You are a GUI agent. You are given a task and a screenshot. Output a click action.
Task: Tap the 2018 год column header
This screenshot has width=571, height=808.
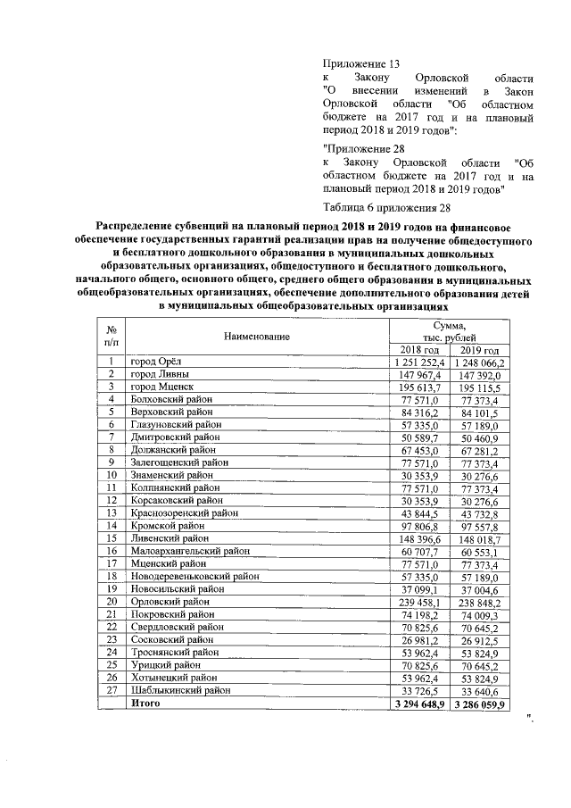point(418,349)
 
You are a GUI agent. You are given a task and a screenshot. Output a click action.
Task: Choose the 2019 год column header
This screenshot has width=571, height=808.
point(479,349)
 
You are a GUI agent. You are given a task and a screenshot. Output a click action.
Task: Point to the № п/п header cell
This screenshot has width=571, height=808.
point(112,337)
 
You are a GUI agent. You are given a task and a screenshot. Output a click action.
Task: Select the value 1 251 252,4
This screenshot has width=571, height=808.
point(418,362)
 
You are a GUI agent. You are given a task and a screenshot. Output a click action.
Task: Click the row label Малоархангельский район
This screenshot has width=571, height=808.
point(190,552)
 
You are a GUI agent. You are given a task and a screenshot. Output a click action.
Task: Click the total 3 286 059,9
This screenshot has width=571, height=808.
point(479,704)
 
